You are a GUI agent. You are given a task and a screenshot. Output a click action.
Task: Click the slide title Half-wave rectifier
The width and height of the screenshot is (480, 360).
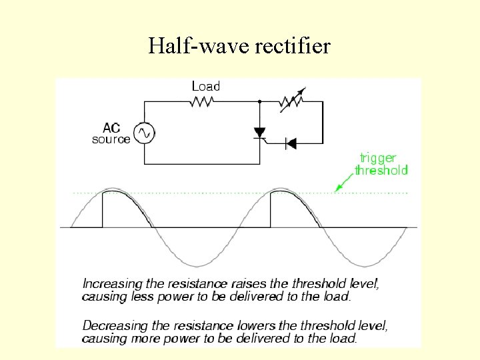coord(239,46)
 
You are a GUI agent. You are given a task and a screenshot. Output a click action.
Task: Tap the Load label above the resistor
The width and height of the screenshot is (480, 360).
coord(205,86)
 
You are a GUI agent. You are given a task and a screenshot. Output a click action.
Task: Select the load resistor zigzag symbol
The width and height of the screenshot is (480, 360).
coord(202,102)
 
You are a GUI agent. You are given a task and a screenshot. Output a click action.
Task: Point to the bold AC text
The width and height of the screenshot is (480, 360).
coord(111,127)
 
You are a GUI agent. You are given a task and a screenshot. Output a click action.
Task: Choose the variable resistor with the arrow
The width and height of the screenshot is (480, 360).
coord(291,102)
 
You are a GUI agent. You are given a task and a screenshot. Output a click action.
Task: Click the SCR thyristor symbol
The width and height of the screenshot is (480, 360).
coord(260,133)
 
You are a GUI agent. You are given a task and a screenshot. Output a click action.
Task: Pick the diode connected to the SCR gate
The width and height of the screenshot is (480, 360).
coord(291,142)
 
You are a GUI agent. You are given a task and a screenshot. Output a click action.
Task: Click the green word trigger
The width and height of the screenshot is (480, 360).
coord(378,158)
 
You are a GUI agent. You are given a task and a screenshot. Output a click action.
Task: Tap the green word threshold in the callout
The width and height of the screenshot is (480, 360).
coord(381,170)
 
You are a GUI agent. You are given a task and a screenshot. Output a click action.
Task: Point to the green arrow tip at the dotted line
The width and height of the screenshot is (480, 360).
coord(336,190)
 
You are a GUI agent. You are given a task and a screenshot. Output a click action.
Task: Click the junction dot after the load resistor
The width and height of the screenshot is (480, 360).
coord(259,102)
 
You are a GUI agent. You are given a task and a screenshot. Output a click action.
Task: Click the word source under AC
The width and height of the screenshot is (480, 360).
coord(111,139)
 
